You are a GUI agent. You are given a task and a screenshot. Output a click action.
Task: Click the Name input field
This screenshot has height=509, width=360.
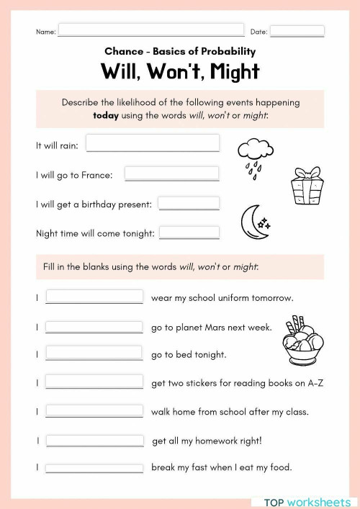151,31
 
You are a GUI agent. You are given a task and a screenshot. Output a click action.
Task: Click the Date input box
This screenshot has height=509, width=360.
297,31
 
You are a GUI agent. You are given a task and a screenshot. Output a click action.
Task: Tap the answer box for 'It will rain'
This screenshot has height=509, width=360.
153,143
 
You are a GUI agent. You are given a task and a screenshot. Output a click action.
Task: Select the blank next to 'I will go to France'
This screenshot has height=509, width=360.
172,174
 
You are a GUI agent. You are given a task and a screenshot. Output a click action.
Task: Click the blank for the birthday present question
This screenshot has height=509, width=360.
189,204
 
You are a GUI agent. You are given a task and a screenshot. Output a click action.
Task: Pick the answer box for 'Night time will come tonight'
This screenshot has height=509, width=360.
189,233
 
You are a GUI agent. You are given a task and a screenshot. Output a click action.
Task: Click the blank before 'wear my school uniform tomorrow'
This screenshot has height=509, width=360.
94,297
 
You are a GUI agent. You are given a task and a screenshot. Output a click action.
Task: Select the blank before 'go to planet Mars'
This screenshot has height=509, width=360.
94,327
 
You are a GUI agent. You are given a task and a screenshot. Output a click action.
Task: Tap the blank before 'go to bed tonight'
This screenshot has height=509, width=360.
94,353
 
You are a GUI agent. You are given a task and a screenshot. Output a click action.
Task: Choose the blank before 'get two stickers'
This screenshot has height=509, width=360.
94,382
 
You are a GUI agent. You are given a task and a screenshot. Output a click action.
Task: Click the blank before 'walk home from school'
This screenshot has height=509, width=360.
94,411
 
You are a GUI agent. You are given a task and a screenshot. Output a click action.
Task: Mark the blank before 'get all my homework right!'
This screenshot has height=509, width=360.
95,440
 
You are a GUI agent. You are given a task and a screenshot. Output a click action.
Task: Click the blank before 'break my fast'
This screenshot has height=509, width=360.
94,467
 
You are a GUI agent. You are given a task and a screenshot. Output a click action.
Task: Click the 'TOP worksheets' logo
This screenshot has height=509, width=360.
303,500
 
